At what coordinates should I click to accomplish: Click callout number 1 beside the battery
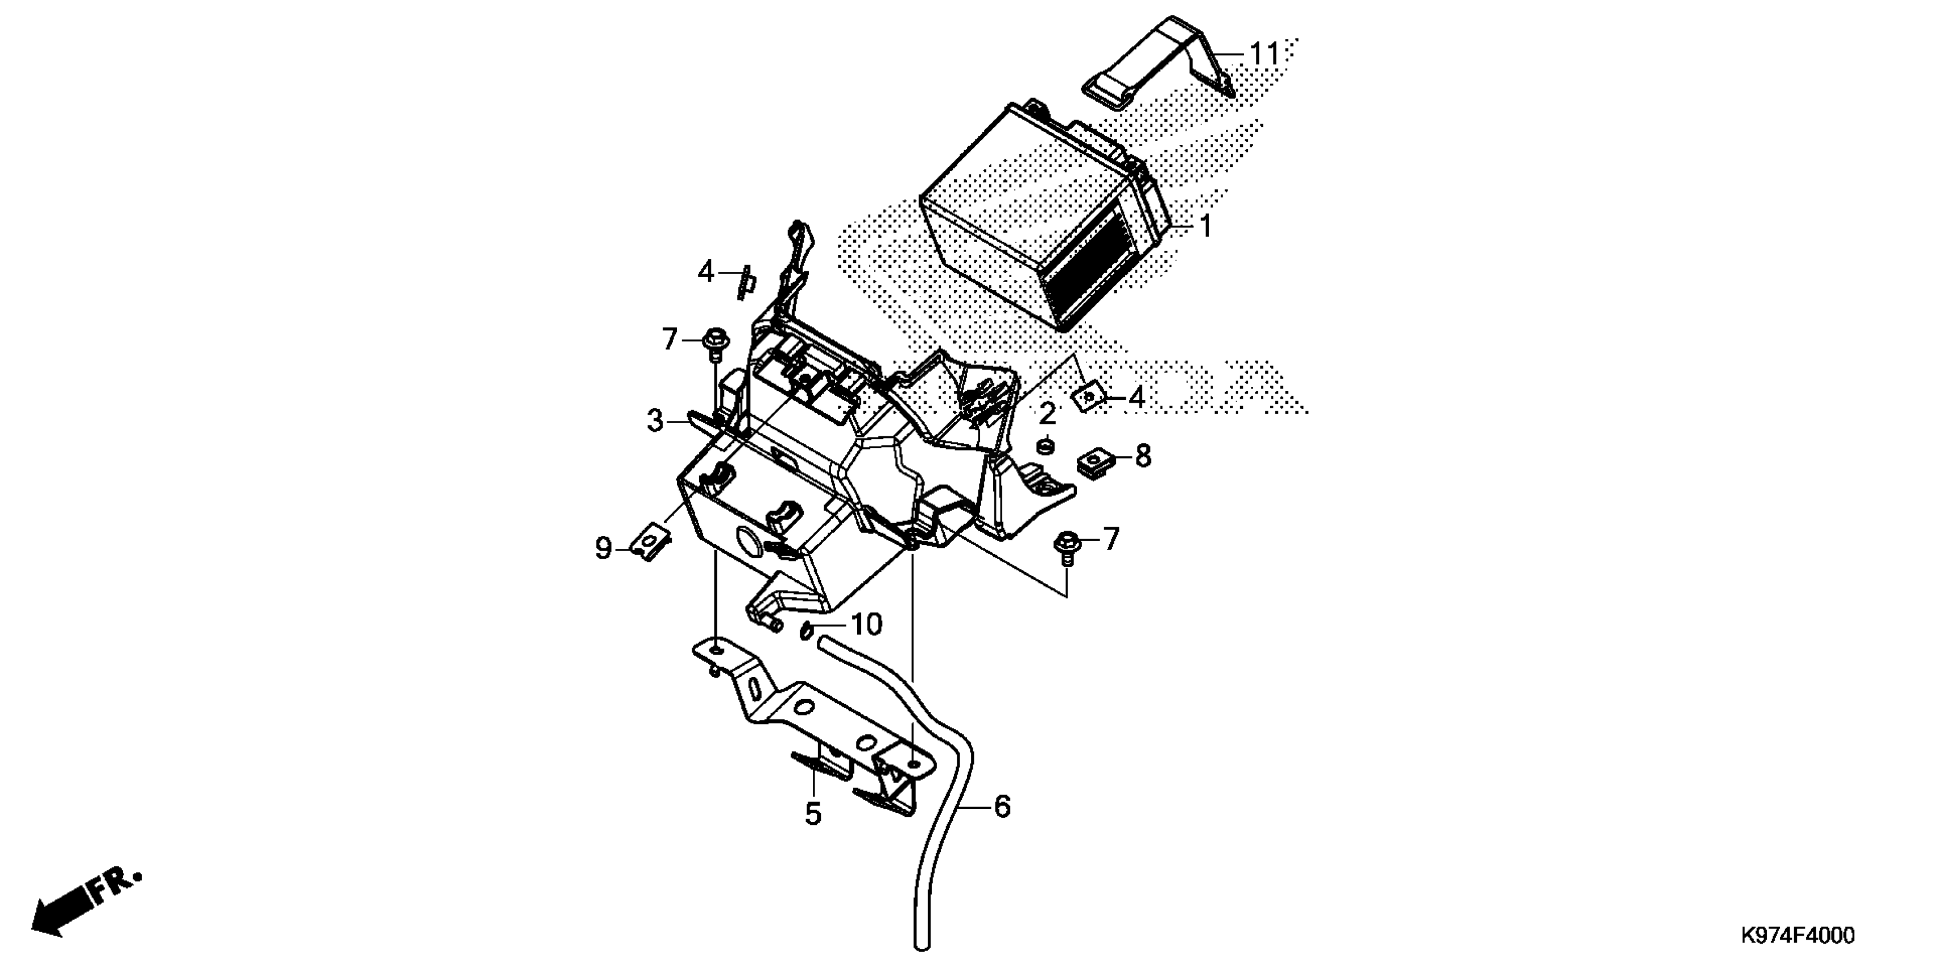[x=1205, y=226]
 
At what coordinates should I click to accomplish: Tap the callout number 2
[x=1047, y=414]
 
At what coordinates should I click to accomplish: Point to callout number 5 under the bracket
[x=813, y=814]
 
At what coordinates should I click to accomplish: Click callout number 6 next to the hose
[x=1002, y=807]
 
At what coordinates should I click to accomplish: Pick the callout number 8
[x=1143, y=456]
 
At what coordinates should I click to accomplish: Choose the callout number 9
[x=604, y=549]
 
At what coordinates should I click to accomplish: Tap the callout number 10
[x=866, y=625]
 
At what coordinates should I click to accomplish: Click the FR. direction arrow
[x=82, y=909]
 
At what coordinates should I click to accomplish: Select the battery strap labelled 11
[x=1156, y=64]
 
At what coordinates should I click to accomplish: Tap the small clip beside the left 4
[x=747, y=283]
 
